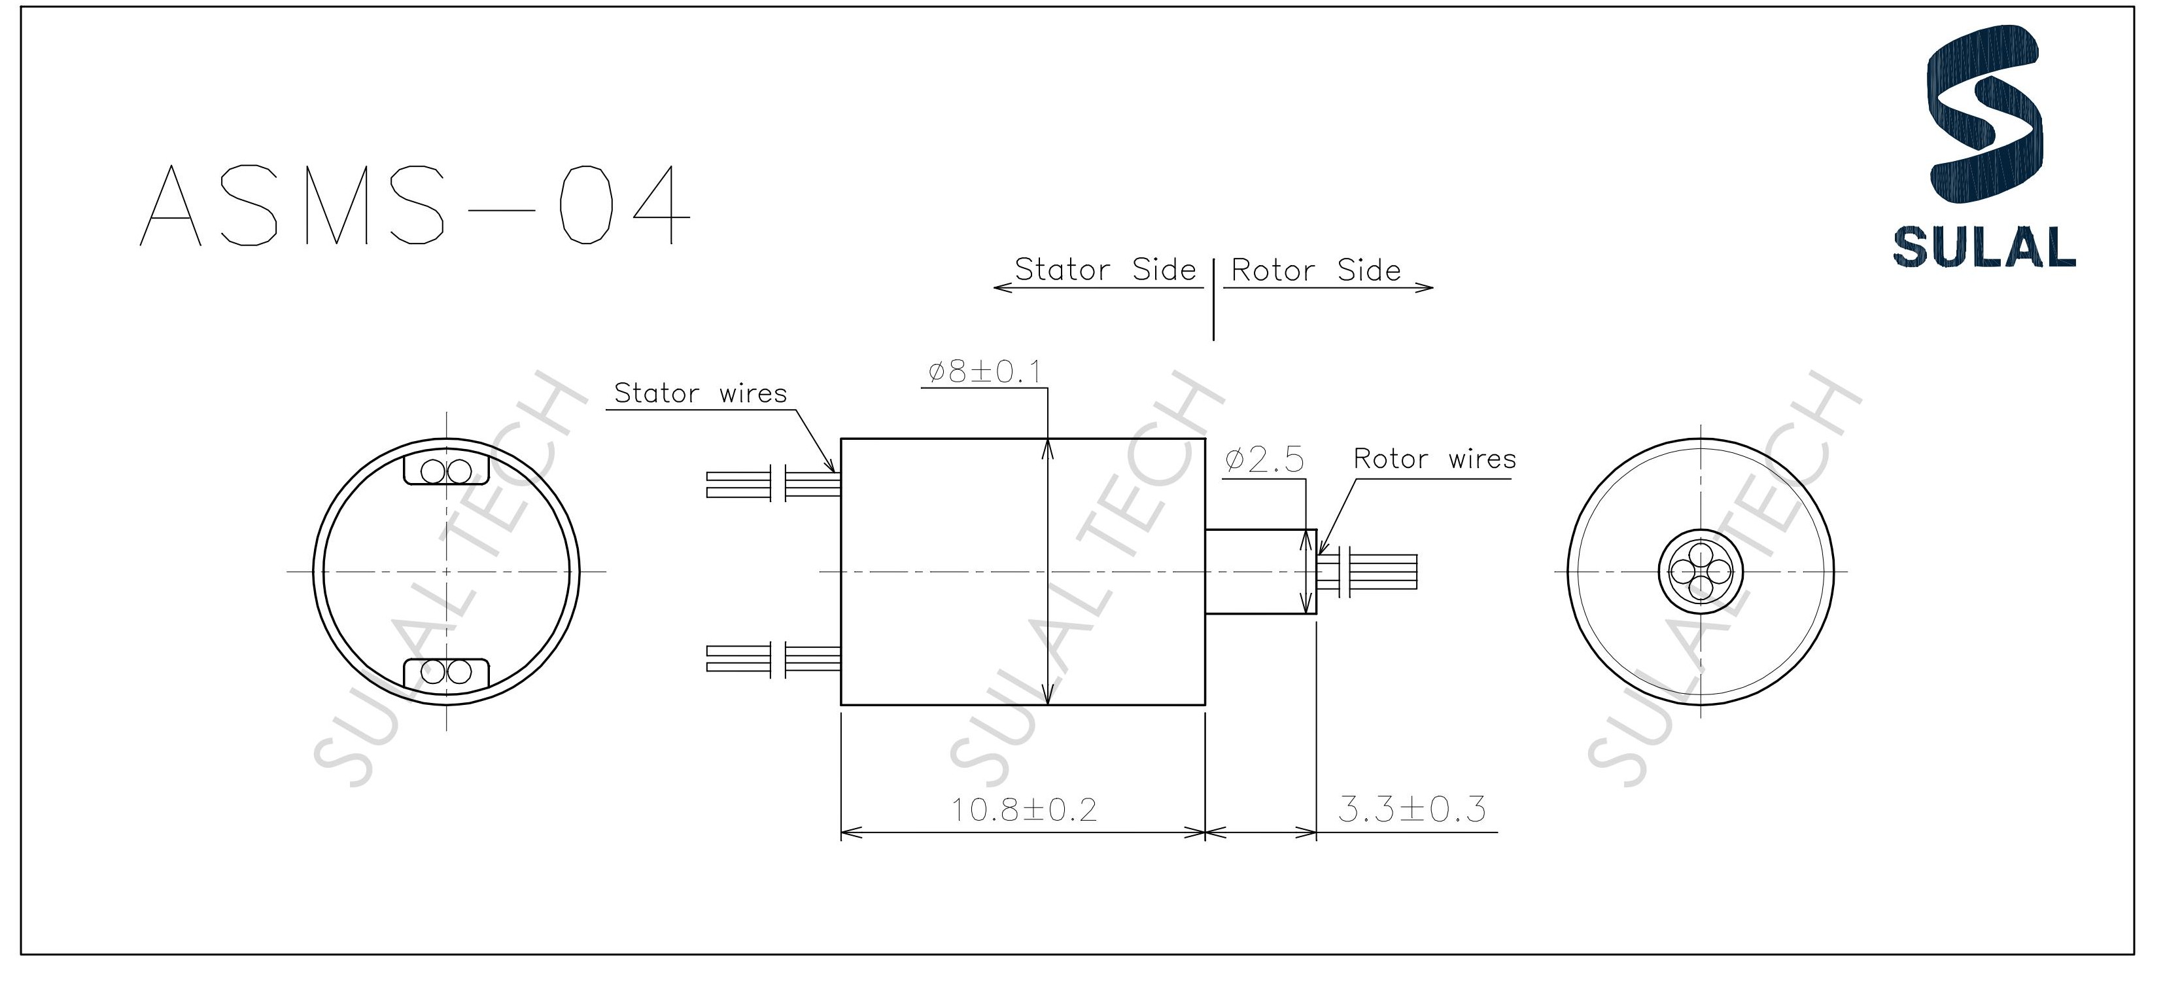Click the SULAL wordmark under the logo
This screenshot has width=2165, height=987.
point(1983,249)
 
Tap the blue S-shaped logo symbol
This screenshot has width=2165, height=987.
point(1983,126)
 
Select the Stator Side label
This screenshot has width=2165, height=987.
point(1104,270)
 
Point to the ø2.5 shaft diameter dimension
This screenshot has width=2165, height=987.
point(1264,460)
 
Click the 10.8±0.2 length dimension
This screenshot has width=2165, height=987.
point(1023,810)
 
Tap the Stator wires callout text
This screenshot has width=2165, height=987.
point(700,393)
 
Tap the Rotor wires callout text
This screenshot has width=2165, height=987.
point(1434,459)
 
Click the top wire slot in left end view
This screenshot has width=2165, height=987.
point(446,471)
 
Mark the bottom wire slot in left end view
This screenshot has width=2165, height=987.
point(446,672)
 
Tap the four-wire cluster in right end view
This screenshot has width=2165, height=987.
point(1700,571)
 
